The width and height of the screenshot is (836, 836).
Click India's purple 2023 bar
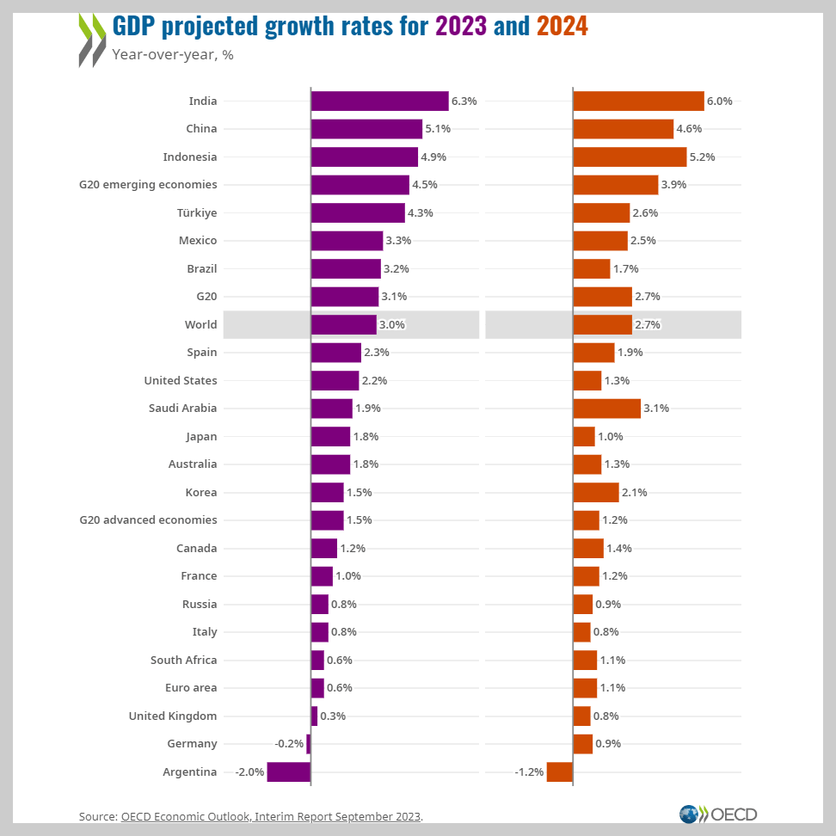[379, 101]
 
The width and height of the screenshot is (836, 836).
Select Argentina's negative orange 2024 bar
[559, 771]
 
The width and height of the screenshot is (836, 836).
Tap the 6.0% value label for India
[719, 101]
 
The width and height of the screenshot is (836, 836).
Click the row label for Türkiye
[198, 212]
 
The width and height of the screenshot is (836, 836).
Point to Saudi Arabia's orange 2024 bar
[606, 409]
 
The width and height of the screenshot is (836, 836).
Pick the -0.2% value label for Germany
[289, 744]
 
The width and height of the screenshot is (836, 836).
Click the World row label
[200, 324]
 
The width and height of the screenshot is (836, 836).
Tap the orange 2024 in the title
[562, 26]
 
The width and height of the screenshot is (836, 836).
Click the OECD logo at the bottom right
[718, 814]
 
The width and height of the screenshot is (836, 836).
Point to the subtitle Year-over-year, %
[173, 54]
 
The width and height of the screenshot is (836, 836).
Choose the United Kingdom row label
[172, 716]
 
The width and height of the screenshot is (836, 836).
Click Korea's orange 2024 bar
[595, 492]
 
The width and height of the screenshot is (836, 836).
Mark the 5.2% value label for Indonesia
[702, 157]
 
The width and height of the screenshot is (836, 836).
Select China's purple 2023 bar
[366, 129]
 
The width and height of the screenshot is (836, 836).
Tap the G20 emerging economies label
[148, 184]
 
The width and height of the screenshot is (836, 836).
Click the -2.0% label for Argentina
[249, 771]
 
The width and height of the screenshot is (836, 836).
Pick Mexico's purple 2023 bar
[347, 241]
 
